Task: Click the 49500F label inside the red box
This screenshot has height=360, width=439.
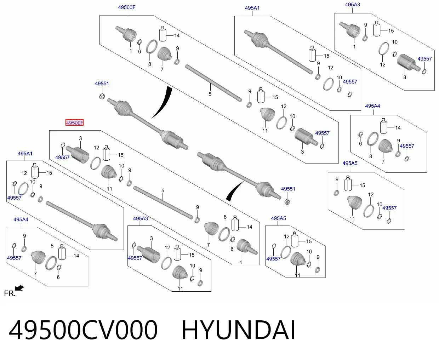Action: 74,123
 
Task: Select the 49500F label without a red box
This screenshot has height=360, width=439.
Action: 126,7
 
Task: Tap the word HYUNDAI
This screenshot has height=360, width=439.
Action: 238,330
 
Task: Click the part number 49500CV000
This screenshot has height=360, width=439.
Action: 83,330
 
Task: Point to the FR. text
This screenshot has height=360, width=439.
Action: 10,293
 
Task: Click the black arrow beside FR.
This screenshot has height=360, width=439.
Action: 19,288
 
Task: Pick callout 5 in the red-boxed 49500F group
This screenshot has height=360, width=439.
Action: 163,190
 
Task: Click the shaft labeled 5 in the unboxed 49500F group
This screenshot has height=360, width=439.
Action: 213,83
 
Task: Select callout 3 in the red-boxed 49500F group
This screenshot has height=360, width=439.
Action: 81,138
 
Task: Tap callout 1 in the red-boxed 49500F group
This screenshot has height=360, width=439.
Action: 241,262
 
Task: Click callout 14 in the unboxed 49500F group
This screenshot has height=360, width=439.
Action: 177,36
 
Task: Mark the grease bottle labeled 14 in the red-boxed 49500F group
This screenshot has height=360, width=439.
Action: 235,223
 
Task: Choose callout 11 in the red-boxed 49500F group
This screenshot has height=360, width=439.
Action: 109,189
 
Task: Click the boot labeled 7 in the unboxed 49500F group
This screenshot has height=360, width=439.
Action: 164,53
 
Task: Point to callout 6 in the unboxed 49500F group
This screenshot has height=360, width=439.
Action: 139,51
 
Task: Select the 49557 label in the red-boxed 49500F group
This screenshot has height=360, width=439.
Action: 62,158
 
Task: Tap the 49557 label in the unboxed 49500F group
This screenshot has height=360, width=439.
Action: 322,133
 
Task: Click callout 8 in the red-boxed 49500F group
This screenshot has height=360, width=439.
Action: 225,217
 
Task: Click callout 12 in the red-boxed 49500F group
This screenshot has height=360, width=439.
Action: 96,148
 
